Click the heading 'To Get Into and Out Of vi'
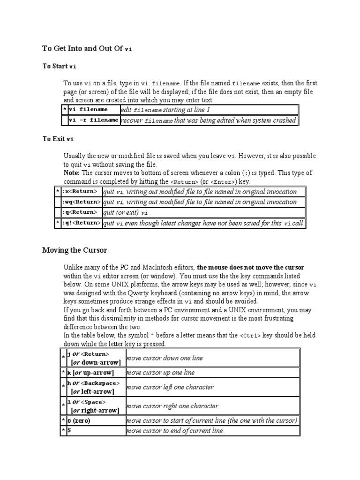click(87, 48)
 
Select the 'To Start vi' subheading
click(59, 66)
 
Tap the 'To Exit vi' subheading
click(58, 139)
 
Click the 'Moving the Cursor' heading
click(75, 250)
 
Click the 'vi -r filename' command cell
click(93, 120)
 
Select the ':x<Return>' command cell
click(80, 191)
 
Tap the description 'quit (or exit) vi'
click(125, 212)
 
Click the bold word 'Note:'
click(72, 172)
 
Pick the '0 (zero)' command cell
click(79, 420)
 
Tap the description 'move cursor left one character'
click(170, 387)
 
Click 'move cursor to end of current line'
click(175, 430)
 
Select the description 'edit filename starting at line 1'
click(165, 110)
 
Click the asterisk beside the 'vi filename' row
click(65, 110)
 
